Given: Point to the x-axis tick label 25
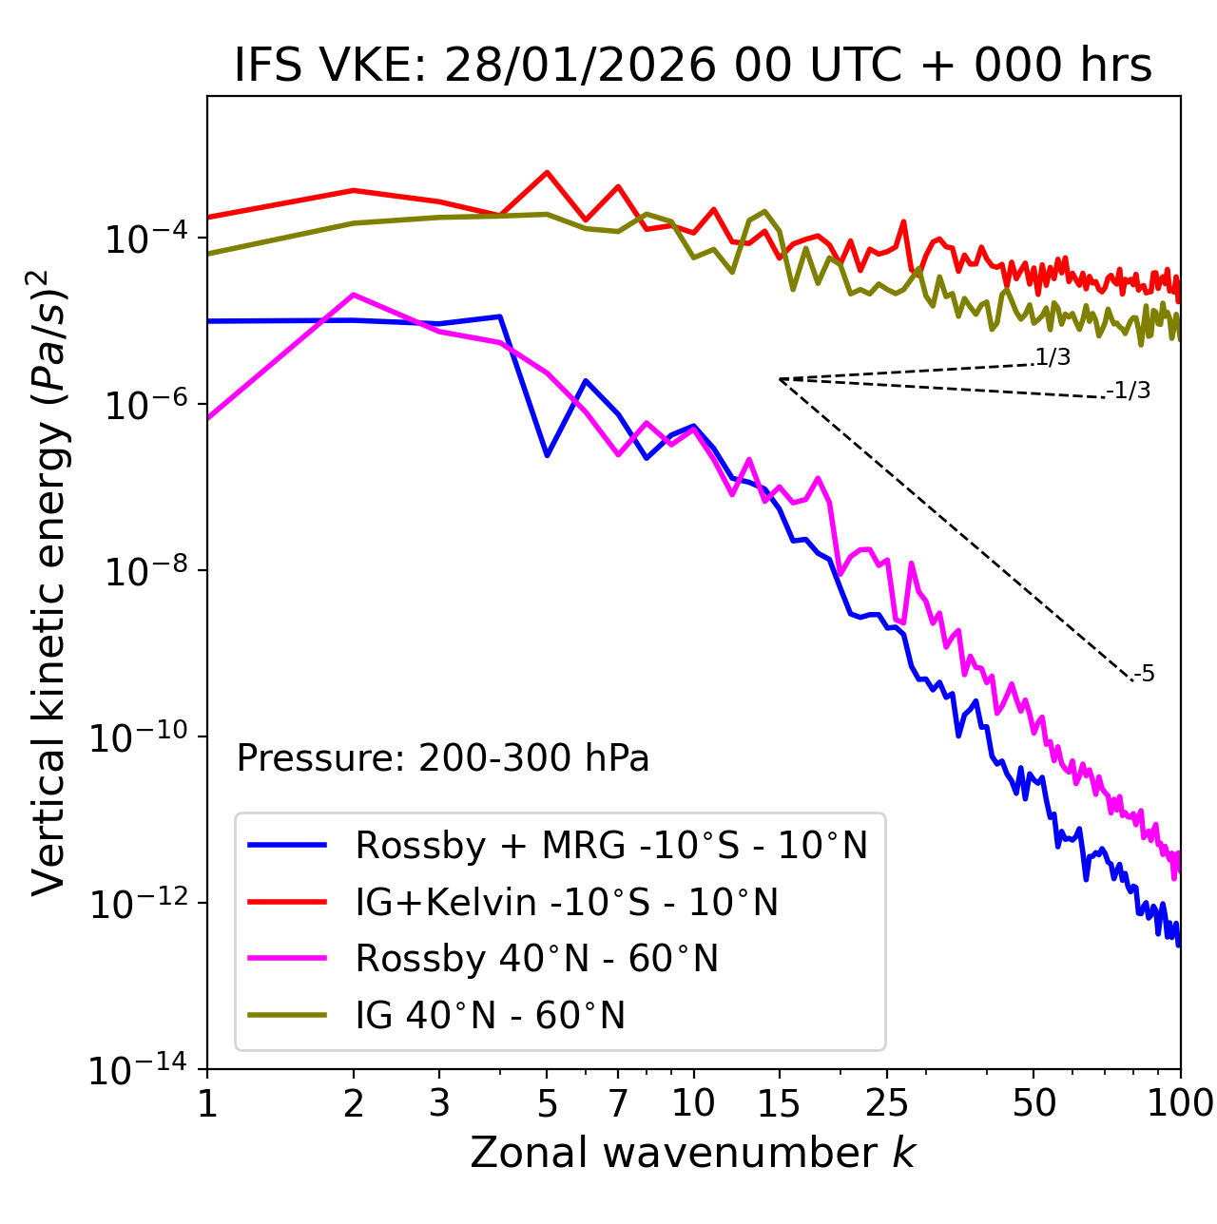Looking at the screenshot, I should point(887,1103).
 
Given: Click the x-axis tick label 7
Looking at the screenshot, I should point(618,1103).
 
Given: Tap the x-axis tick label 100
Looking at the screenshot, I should point(1180,1103).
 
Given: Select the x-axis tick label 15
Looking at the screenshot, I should point(779,1103).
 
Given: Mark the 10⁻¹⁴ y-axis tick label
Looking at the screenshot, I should point(139,1070).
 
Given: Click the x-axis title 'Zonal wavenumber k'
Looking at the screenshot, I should point(693,1153).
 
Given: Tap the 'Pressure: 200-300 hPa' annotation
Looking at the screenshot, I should point(443,758).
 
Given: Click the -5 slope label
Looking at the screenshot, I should point(1144,675).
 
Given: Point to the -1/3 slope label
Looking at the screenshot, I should point(1129,391).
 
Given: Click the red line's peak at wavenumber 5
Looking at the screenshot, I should point(547,172).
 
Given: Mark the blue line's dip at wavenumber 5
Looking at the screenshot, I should point(547,455).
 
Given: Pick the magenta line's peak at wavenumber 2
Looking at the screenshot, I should point(354,295).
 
